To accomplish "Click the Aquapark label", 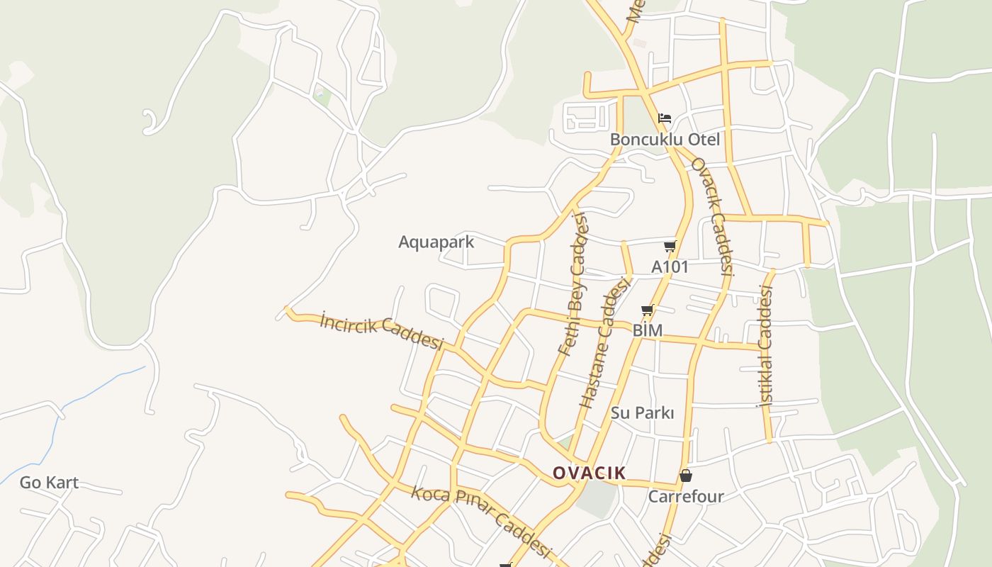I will coord(436,242).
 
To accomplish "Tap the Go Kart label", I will coord(49,483).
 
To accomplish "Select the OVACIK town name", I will coord(589,473).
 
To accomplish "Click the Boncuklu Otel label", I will coord(665,140).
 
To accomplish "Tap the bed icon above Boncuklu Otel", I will coord(665,118).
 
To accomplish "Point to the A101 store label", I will coord(670,267).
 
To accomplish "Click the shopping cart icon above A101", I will coord(670,247).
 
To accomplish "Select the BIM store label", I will coord(647,330).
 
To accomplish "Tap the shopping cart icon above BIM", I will coord(647,310).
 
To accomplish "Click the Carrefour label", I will coord(686,496).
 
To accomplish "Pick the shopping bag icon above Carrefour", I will coord(686,476).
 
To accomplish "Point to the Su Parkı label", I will coord(643,412).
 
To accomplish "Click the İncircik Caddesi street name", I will coord(381,331).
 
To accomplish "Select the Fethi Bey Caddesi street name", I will coord(574,283).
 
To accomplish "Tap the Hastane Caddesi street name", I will coord(604,343).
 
